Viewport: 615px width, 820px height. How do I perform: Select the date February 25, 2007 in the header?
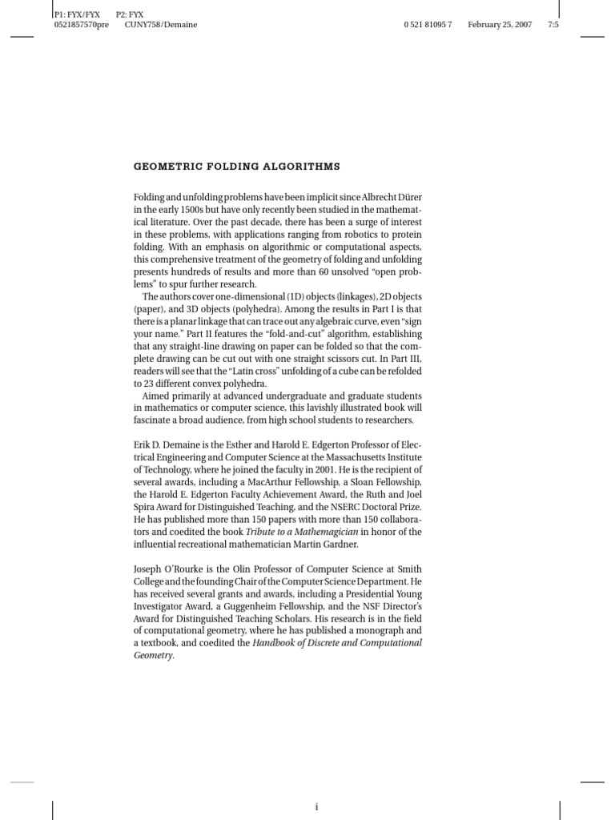click(x=500, y=25)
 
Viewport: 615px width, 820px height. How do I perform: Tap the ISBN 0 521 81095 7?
click(x=428, y=25)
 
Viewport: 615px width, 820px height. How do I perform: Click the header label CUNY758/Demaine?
click(x=161, y=25)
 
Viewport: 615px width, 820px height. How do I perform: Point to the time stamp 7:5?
click(x=553, y=25)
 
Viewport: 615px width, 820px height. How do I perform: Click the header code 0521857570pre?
click(x=80, y=25)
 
